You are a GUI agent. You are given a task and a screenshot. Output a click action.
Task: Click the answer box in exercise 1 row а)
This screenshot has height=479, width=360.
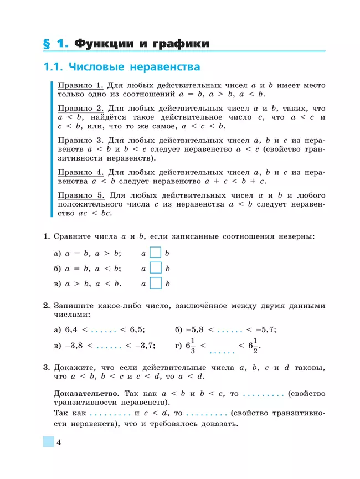[x=156, y=253]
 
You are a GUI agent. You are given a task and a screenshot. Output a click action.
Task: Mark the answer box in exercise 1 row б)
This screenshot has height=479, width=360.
[x=156, y=269]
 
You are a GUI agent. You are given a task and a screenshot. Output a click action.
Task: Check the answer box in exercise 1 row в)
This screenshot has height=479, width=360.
[x=156, y=284]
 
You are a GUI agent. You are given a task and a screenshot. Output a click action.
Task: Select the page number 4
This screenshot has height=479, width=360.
[x=58, y=442]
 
